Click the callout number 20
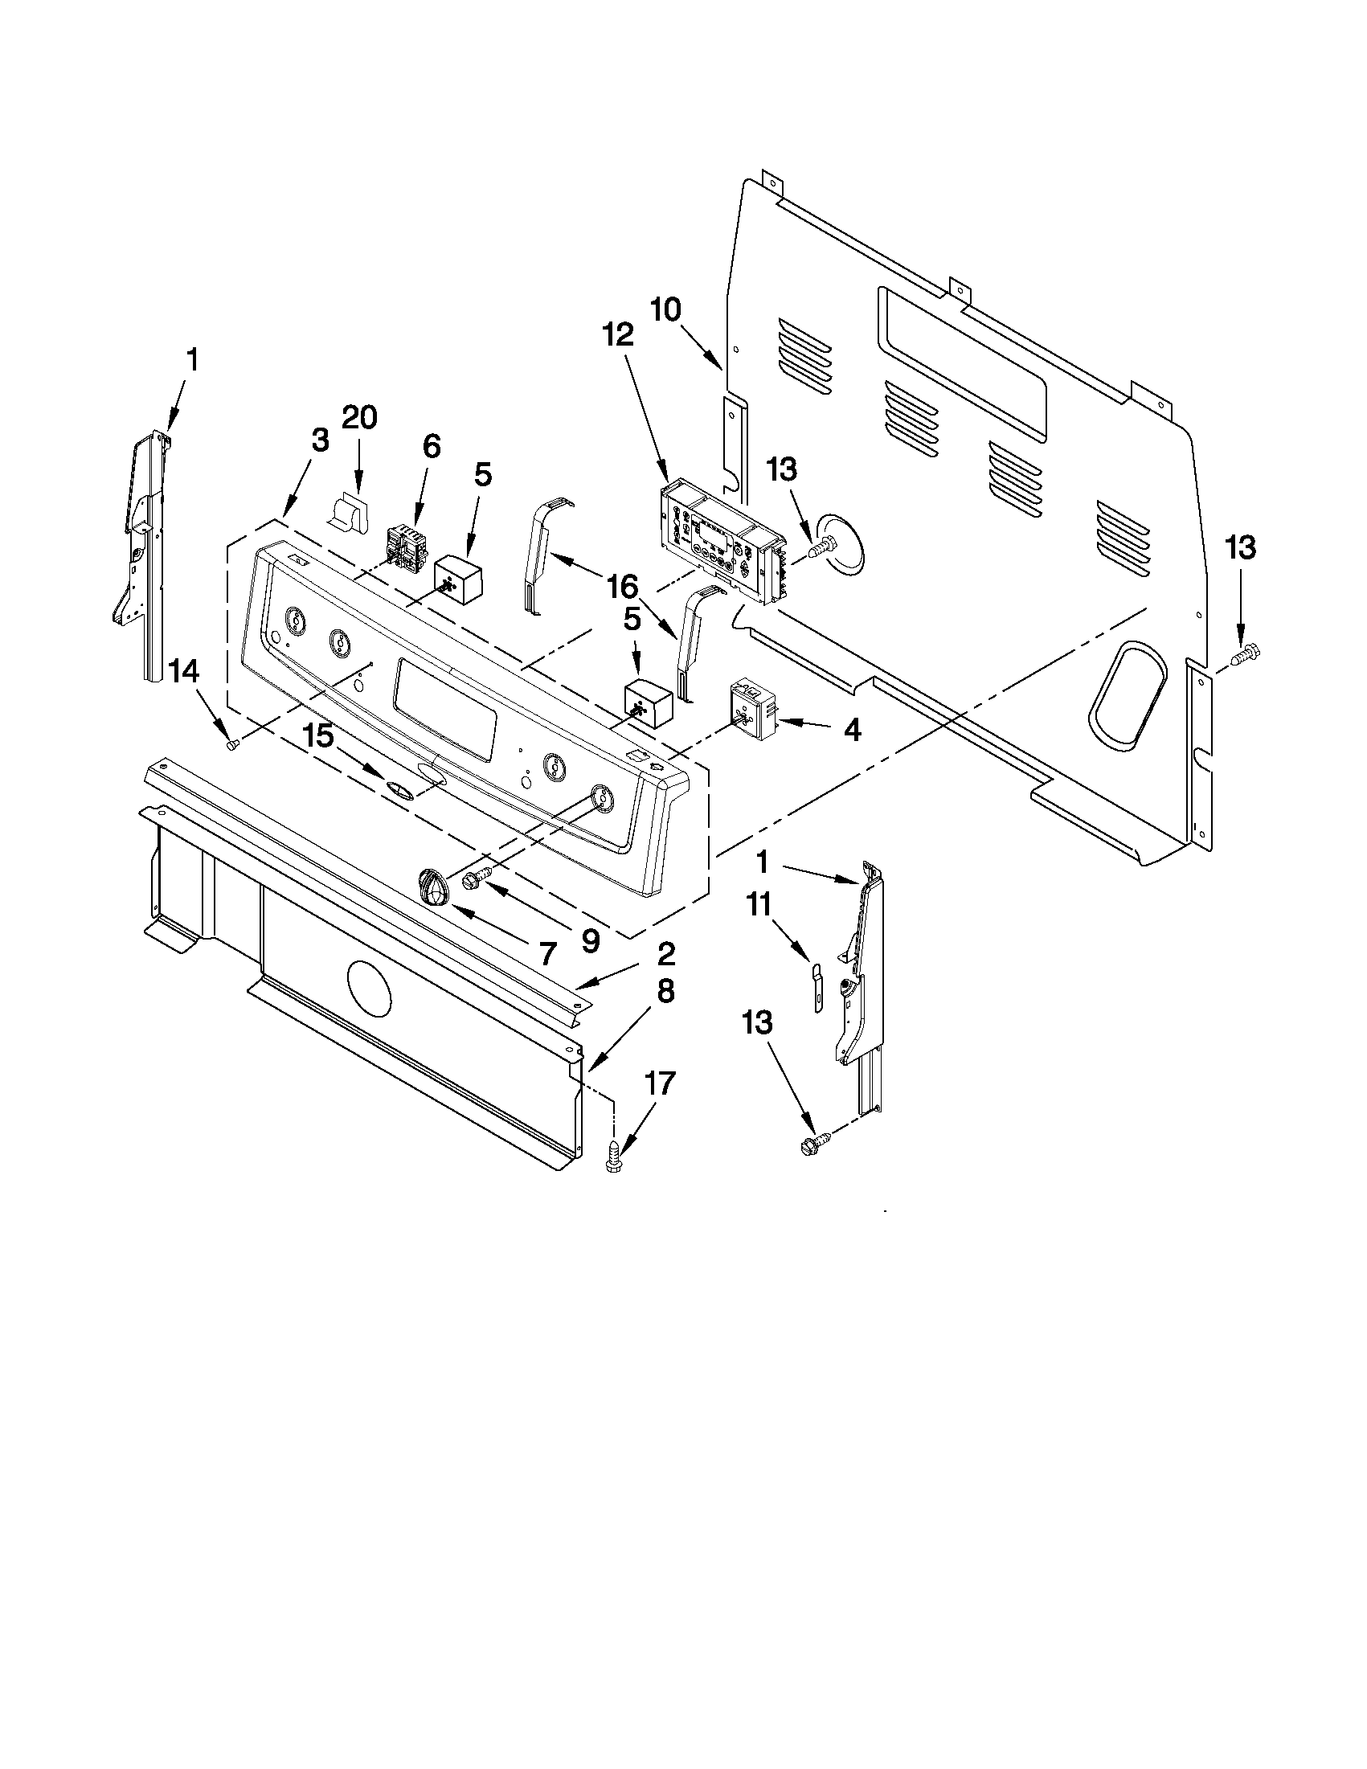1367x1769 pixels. point(359,419)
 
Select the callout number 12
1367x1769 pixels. point(618,335)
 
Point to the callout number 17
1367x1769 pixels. point(660,1083)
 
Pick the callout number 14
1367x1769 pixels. point(183,670)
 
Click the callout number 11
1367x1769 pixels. point(759,904)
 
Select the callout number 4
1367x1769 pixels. point(851,730)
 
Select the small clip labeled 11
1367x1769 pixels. point(817,986)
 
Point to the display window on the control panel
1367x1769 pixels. point(444,708)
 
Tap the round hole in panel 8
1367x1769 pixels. point(370,986)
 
